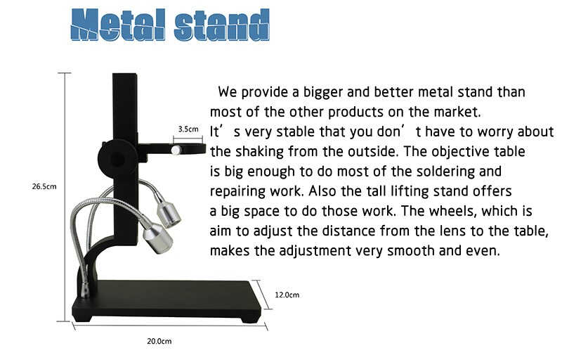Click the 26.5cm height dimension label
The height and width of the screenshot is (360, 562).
pyautogui.click(x=44, y=186)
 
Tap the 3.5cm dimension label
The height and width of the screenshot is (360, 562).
pyautogui.click(x=188, y=129)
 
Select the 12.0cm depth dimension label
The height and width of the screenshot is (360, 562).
pyautogui.click(x=287, y=295)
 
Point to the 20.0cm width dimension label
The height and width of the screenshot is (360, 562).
pyautogui.click(x=159, y=341)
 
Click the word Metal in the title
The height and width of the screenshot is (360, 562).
pyautogui.click(x=118, y=25)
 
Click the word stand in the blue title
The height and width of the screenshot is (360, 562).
pyautogui.click(x=222, y=25)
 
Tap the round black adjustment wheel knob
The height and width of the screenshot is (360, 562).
pyautogui.click(x=117, y=157)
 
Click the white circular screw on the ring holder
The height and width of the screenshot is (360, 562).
pyautogui.click(x=176, y=150)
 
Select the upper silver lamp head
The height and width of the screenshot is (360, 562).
pyautogui.click(x=168, y=214)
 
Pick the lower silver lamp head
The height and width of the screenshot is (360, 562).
pyautogui.click(x=157, y=238)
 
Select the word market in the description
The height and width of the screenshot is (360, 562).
pyautogui.click(x=457, y=112)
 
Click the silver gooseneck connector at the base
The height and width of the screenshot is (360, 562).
pyautogui.click(x=85, y=290)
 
